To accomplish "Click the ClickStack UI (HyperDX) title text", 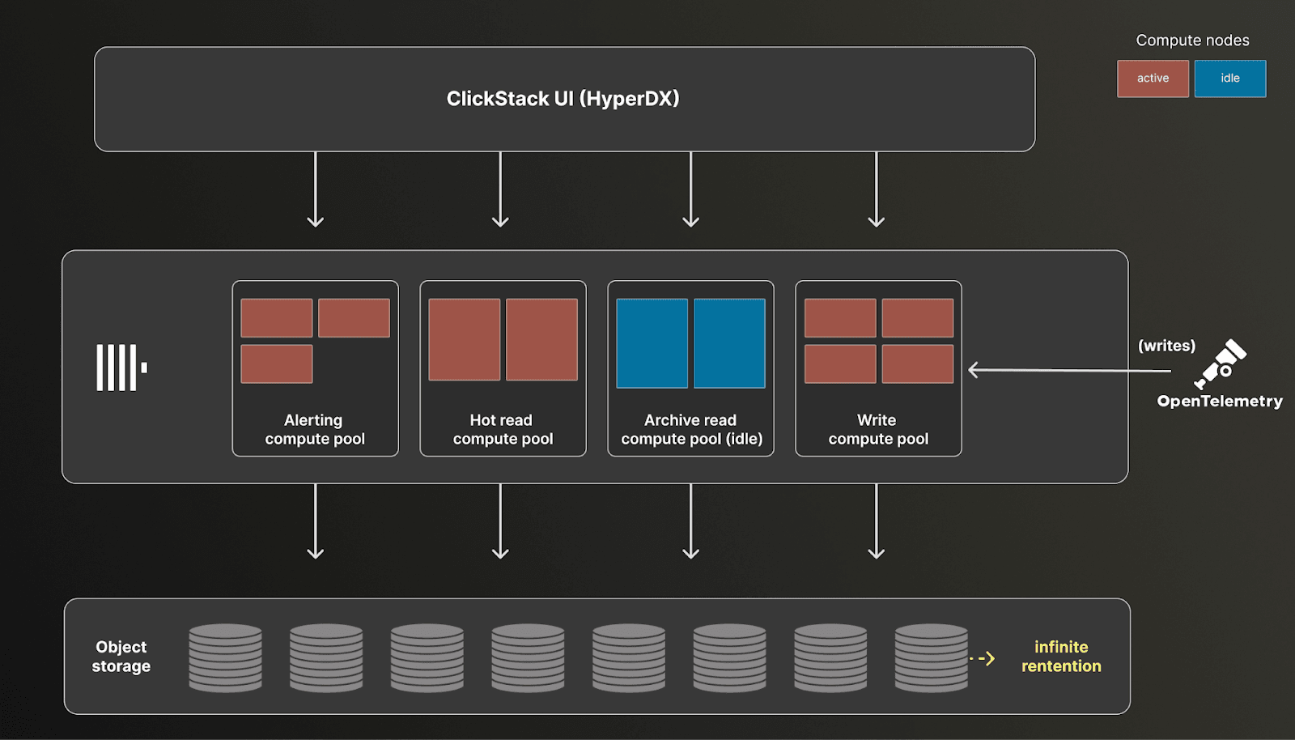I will click(x=563, y=99).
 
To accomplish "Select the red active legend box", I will click(x=1153, y=79).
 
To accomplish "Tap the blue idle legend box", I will click(x=1229, y=79).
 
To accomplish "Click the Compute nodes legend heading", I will click(x=1192, y=40).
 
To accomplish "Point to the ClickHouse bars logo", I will click(x=121, y=368).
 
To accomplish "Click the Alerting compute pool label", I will click(x=315, y=429).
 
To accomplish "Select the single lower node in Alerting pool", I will click(x=277, y=364).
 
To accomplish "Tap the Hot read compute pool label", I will click(x=503, y=429).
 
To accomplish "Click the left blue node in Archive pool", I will click(x=652, y=343).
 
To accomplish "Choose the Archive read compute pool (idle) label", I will click(x=691, y=429).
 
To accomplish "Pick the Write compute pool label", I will click(x=878, y=429).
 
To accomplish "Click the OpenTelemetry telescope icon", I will click(x=1221, y=364).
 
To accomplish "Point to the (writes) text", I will click(x=1166, y=346).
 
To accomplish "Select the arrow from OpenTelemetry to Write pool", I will click(x=1068, y=371).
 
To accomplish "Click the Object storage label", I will click(x=121, y=657).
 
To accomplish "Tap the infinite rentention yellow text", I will click(x=1061, y=657).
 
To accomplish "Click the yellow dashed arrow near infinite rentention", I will click(x=983, y=658).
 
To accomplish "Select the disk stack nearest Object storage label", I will click(x=225, y=657).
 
